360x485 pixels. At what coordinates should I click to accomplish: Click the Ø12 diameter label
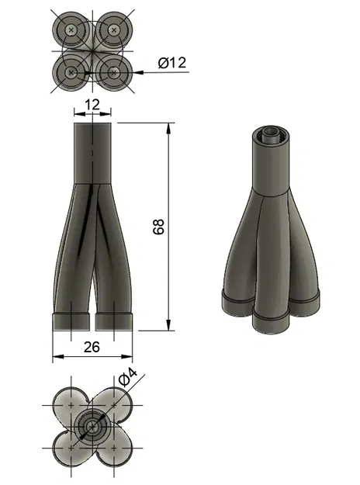171,63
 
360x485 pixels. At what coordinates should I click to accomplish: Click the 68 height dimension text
159,226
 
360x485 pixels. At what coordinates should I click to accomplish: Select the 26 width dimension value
92,348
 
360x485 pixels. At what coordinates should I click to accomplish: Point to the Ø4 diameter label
128,380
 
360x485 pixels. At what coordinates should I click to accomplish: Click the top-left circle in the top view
71,29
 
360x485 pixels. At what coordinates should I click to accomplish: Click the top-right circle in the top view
114,29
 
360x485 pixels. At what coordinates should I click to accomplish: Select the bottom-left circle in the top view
71,72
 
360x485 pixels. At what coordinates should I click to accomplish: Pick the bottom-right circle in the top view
114,72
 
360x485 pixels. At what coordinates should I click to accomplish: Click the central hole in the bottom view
93,427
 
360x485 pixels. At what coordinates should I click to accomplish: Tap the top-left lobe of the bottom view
71,404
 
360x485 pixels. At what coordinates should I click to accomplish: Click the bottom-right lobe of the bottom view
116,449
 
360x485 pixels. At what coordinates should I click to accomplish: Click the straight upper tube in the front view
93,151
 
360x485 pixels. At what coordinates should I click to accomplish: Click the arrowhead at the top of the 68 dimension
168,126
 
